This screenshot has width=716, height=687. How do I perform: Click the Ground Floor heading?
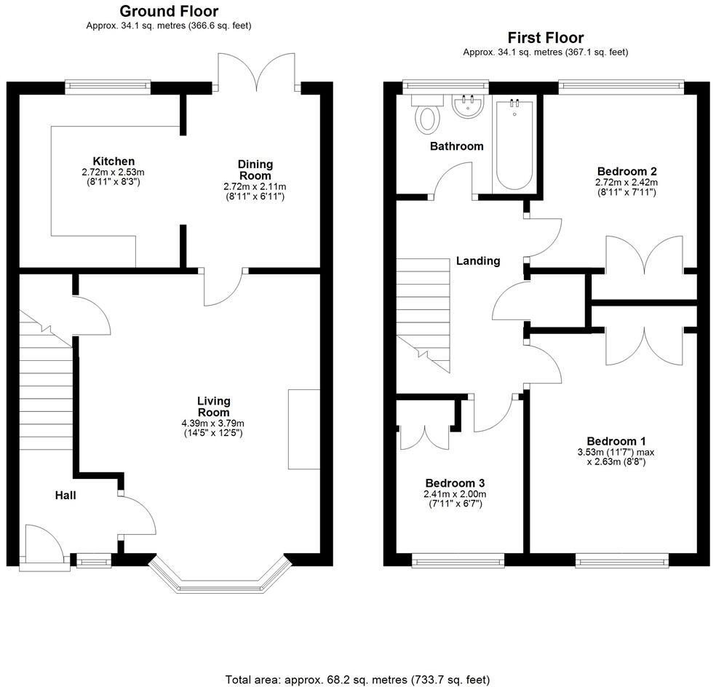point(168,11)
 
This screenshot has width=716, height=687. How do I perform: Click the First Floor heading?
point(545,38)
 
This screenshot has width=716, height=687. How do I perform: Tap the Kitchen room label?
point(113,161)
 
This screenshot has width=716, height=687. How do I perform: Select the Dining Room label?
point(255,170)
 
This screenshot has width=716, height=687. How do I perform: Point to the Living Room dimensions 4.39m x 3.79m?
point(212,423)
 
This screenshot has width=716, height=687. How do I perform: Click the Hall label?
point(65,496)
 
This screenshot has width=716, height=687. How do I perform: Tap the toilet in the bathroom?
point(426,118)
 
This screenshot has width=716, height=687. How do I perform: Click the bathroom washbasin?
point(468,108)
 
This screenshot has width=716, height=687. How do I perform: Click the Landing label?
point(478,261)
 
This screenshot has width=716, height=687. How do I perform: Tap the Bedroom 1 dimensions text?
point(616,456)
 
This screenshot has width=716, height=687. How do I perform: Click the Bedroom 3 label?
point(455,483)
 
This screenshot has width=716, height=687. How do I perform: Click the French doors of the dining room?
point(258,73)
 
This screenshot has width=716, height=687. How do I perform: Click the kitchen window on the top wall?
point(107,87)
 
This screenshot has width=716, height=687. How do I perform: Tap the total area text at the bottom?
point(357,680)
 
